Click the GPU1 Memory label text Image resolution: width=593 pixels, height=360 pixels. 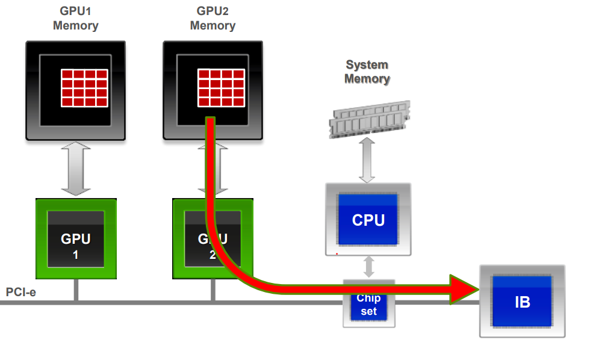click(76, 19)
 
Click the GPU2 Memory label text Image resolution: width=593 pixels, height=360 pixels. click(213, 19)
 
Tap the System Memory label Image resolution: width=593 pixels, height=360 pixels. click(367, 72)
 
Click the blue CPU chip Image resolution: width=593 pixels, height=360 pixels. click(368, 219)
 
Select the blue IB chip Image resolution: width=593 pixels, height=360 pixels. click(522, 301)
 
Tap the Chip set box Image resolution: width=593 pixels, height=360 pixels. click(368, 305)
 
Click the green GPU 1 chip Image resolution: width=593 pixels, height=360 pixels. click(76, 239)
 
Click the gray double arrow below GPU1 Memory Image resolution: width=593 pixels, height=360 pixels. click(76, 169)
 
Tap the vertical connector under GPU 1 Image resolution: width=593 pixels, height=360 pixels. click(76, 290)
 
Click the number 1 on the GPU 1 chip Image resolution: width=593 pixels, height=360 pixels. click(76, 255)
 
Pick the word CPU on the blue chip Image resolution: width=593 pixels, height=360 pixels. click(368, 220)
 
